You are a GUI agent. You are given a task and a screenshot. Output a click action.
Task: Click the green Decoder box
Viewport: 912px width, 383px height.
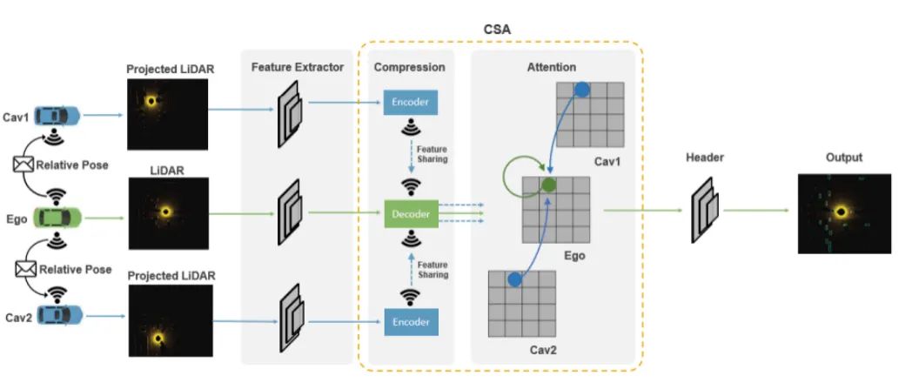pyautogui.click(x=411, y=214)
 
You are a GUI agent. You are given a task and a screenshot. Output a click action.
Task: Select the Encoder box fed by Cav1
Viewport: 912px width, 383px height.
pyautogui.click(x=411, y=103)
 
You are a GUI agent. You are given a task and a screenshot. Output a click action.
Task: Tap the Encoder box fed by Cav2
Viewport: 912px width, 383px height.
pyautogui.click(x=411, y=322)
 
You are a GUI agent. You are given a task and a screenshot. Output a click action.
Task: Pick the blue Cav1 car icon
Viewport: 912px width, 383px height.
pyautogui.click(x=57, y=115)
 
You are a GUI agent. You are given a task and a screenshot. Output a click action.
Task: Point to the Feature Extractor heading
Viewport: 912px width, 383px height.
pyautogui.click(x=298, y=68)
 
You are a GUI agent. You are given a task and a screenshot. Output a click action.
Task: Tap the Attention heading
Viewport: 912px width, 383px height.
pyautogui.click(x=552, y=68)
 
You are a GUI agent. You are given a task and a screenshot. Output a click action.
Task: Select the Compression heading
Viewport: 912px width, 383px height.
pyautogui.click(x=410, y=68)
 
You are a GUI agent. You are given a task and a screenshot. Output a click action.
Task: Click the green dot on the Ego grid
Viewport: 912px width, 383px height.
pyautogui.click(x=548, y=185)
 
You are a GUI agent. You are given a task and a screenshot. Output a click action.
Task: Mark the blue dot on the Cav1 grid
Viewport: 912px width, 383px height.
pyautogui.click(x=581, y=90)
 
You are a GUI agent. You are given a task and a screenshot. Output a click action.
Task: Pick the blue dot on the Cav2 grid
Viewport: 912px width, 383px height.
pyautogui.click(x=514, y=279)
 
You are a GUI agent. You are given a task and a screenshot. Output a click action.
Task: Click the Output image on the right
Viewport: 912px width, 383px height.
pyautogui.click(x=844, y=213)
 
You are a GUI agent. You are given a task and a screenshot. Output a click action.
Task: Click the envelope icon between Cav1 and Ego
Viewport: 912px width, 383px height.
pyautogui.click(x=23, y=165)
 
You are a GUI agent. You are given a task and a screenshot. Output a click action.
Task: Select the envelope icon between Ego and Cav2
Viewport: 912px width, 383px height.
pyautogui.click(x=24, y=269)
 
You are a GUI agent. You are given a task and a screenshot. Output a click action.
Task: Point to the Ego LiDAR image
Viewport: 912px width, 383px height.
pyautogui.click(x=168, y=213)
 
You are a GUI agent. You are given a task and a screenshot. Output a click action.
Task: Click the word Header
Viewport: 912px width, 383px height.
pyautogui.click(x=705, y=158)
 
